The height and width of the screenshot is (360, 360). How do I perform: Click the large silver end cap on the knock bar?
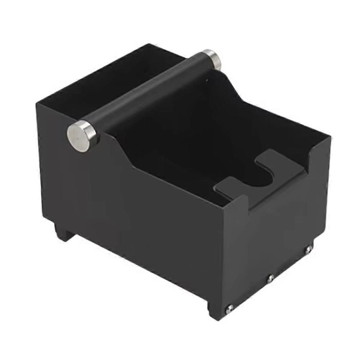pos(81,136)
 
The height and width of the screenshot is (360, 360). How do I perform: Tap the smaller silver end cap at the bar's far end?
pos(212,59)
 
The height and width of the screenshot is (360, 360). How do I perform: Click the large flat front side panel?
pos(137,223)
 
